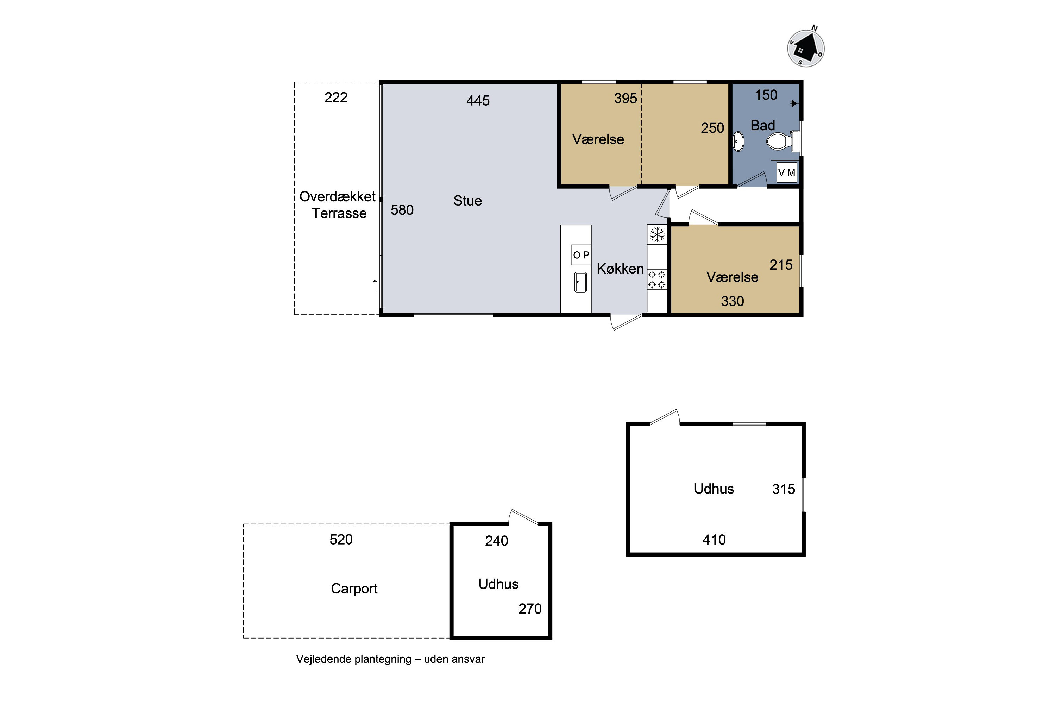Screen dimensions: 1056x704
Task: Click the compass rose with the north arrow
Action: (806, 48)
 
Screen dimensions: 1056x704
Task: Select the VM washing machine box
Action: (787, 173)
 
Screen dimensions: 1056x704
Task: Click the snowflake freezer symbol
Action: (657, 234)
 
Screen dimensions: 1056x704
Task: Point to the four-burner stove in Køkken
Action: (657, 279)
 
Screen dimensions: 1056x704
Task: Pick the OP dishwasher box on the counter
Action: (581, 255)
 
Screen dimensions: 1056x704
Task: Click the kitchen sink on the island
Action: (580, 282)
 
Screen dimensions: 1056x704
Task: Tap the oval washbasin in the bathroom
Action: (738, 142)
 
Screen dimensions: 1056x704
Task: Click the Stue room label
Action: (467, 201)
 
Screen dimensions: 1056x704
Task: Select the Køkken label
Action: (620, 269)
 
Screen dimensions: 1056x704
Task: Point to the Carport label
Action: (354, 589)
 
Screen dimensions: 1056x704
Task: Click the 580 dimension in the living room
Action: (402, 210)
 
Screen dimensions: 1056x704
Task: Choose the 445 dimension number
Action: (478, 101)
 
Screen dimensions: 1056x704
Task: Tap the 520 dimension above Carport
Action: (341, 539)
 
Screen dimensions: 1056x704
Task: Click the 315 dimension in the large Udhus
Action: (784, 489)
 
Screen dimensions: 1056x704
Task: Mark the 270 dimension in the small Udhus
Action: (530, 609)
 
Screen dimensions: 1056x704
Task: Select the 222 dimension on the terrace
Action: (336, 98)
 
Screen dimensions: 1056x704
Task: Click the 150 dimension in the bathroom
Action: (766, 95)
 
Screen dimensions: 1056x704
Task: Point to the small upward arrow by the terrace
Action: (375, 285)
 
